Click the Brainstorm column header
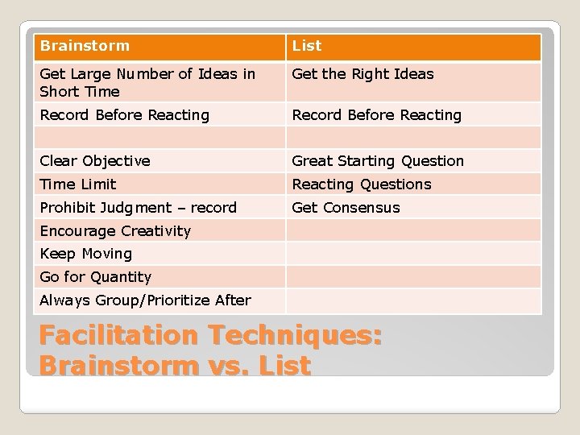pos(85,47)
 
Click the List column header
pos(306,47)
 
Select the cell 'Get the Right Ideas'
pos(362,74)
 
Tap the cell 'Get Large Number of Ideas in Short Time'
pos(147,82)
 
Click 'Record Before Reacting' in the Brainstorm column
pos(124,115)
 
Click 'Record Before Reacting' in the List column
pos(376,115)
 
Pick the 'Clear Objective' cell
pos(95,161)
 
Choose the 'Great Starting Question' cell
pos(378,161)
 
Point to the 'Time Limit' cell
pos(78,184)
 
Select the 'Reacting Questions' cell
pos(362,184)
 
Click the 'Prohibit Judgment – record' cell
pos(138,208)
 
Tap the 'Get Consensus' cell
pos(346,208)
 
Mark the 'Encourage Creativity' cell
pos(115,231)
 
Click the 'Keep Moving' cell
pos(85,254)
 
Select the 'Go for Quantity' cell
pos(95,277)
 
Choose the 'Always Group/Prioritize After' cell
pos(145,300)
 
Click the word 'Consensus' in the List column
pos(361,208)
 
